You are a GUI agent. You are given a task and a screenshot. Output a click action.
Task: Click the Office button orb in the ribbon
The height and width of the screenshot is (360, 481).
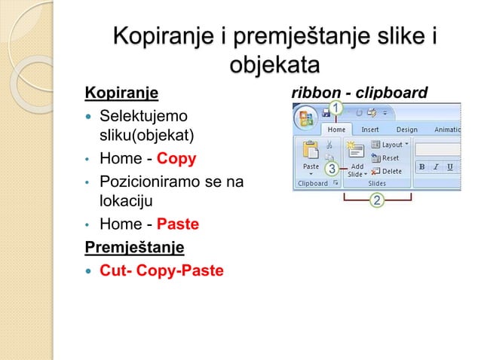tap(307, 120)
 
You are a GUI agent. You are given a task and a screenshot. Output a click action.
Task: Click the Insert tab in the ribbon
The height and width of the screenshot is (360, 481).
tap(370, 129)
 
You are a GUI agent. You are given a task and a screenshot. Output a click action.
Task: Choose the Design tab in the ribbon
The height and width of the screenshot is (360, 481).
tap(407, 129)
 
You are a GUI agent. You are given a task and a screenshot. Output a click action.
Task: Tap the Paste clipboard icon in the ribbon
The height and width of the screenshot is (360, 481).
tap(310, 151)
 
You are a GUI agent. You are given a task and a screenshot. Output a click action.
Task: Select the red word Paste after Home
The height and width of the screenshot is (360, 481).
tap(179, 224)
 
